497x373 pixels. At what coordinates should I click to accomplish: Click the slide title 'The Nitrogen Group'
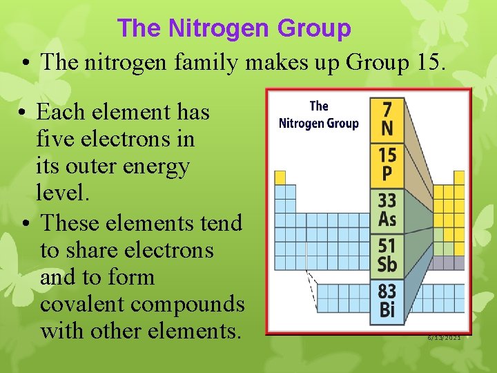click(x=234, y=28)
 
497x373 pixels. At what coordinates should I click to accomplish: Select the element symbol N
click(x=387, y=128)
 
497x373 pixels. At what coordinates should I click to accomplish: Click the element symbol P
click(x=387, y=173)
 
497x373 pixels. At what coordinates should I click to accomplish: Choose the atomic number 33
click(x=387, y=201)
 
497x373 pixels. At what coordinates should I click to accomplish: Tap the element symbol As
click(x=387, y=220)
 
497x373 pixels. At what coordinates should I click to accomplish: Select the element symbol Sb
click(x=387, y=265)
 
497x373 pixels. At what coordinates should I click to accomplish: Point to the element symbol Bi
click(x=387, y=310)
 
